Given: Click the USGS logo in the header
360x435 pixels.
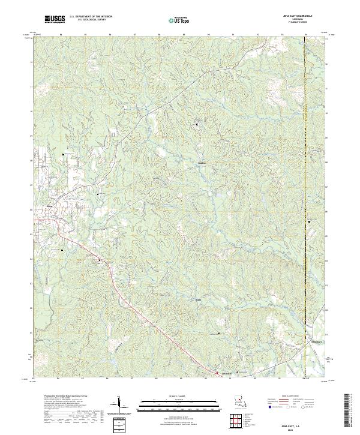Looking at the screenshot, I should pos(55,19).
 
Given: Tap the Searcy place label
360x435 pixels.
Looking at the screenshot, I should pos(202,161).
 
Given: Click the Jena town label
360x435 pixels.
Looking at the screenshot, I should pos(50,208).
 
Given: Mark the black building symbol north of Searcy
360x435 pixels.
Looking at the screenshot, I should pos(199,124).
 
